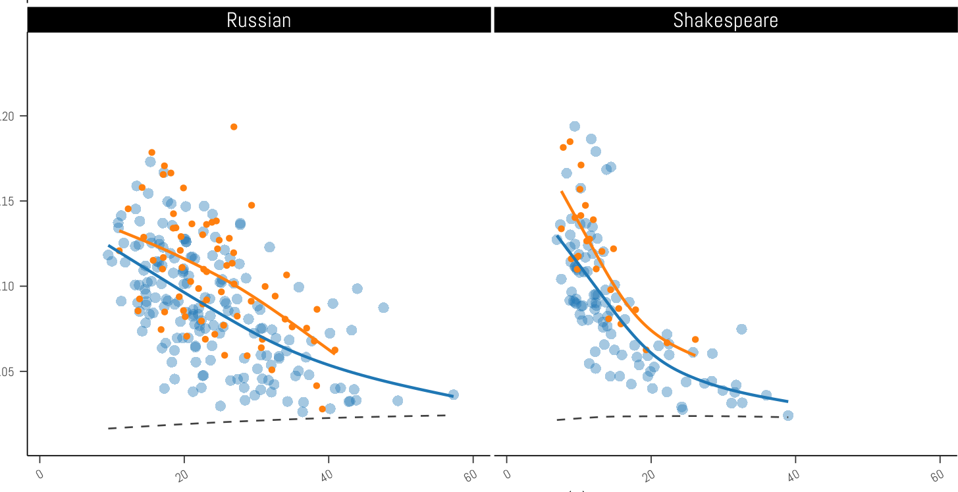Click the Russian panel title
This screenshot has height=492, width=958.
click(259, 20)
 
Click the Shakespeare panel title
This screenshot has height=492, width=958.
click(725, 20)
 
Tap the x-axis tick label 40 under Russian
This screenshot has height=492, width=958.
click(328, 476)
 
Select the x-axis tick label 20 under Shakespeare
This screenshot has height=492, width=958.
click(651, 476)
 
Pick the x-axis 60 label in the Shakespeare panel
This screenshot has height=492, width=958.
click(939, 476)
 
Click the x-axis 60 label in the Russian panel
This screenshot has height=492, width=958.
click(471, 476)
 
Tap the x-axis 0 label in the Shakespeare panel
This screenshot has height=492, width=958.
click(507, 475)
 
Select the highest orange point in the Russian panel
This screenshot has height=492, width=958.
click(234, 126)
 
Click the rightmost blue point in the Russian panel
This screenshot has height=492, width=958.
click(453, 395)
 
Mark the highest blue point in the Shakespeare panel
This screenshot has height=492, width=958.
click(574, 126)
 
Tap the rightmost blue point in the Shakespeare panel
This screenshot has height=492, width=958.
click(787, 416)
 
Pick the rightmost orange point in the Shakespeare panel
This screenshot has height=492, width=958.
click(695, 339)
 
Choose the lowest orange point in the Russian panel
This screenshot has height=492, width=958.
click(322, 409)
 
